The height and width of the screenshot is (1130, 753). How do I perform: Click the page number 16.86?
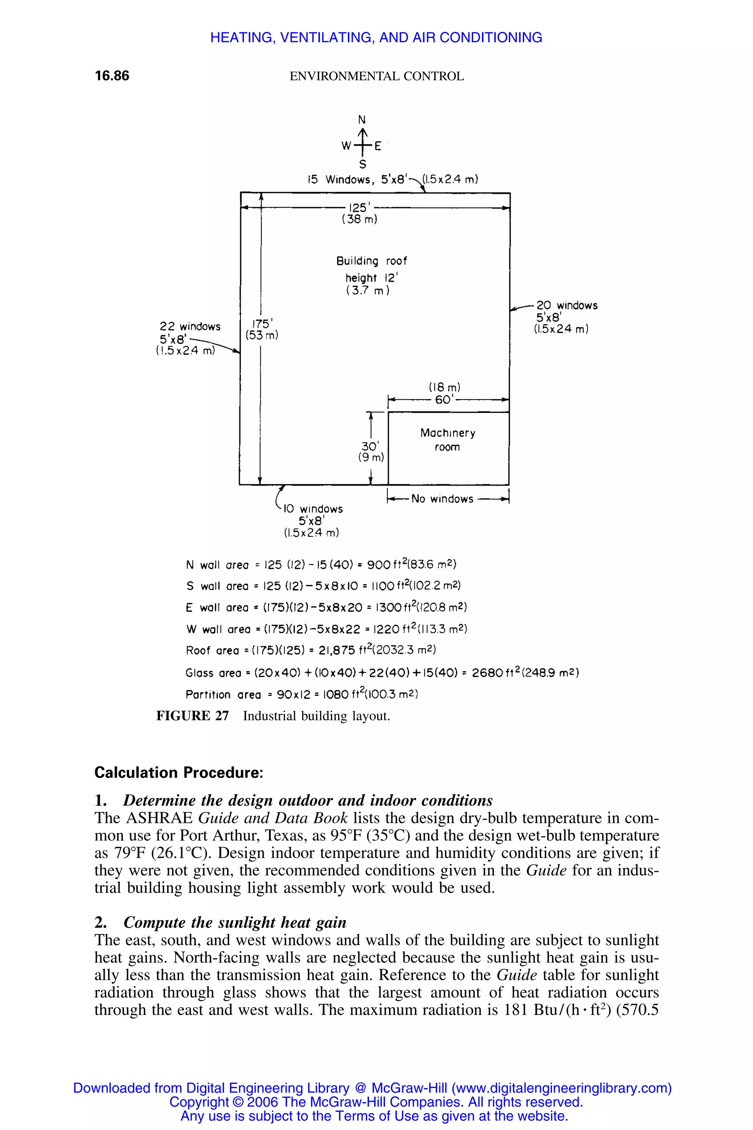pyautogui.click(x=112, y=76)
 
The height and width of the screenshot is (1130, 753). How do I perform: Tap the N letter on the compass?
pyautogui.click(x=363, y=119)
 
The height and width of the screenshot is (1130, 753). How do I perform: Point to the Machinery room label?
pyautogui.click(x=447, y=440)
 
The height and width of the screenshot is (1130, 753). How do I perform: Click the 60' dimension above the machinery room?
pyautogui.click(x=445, y=400)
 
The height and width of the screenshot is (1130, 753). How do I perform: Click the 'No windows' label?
pyautogui.click(x=442, y=499)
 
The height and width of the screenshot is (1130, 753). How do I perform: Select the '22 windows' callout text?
pyautogui.click(x=190, y=327)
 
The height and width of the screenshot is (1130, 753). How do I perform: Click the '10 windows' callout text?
pyautogui.click(x=313, y=509)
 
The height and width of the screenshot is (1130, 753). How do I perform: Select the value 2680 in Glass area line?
pyautogui.click(x=488, y=673)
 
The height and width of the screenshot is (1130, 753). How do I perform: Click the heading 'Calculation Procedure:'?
pyautogui.click(x=179, y=772)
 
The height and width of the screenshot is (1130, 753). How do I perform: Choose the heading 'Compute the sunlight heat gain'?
pyautogui.click(x=235, y=923)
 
